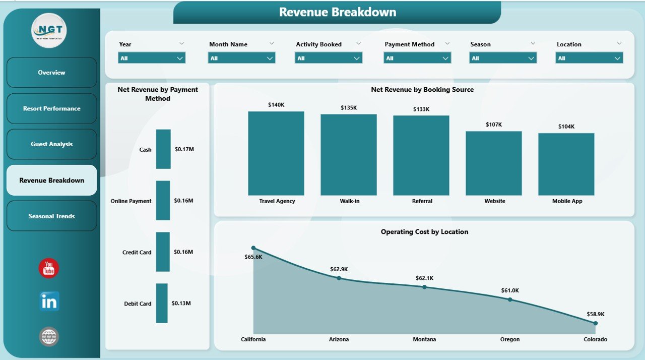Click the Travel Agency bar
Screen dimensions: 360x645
click(x=276, y=153)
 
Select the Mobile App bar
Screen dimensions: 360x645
click(x=566, y=164)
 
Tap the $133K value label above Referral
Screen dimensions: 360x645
click(x=421, y=109)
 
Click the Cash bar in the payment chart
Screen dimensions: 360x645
click(x=163, y=149)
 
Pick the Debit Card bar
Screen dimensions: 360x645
click(x=162, y=303)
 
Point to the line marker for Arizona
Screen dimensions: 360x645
click(x=339, y=278)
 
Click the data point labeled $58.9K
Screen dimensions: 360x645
click(x=595, y=323)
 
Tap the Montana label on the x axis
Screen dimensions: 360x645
click(x=424, y=339)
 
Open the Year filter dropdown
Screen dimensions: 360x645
click(x=152, y=58)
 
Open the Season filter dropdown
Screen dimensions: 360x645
click(x=503, y=58)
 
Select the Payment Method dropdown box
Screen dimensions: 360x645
click(x=417, y=58)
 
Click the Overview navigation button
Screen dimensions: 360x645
click(x=51, y=73)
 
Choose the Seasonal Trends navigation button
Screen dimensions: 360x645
click(x=51, y=216)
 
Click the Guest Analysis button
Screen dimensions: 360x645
click(x=51, y=144)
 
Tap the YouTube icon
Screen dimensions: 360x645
click(x=49, y=268)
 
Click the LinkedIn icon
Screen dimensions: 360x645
click(x=49, y=301)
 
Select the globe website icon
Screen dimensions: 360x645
click(x=49, y=336)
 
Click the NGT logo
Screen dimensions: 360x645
click(x=49, y=31)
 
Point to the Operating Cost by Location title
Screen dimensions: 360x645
click(x=424, y=232)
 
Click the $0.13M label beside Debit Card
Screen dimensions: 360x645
click(x=181, y=303)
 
